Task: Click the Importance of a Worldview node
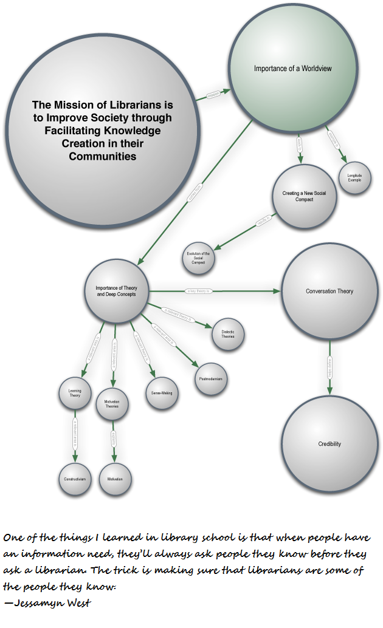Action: point(292,68)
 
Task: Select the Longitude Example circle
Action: point(354,177)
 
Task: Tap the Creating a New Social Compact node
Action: point(304,196)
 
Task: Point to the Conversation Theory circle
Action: point(330,292)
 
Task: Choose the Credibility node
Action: point(330,444)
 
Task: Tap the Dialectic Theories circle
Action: point(228,333)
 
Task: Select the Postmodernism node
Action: point(210,379)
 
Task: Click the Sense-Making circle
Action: point(162,393)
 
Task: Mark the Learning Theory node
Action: point(75,393)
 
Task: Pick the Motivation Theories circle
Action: point(112,404)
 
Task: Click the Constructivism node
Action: point(75,479)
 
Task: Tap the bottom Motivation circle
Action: point(115,479)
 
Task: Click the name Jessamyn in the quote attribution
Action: point(36,603)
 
